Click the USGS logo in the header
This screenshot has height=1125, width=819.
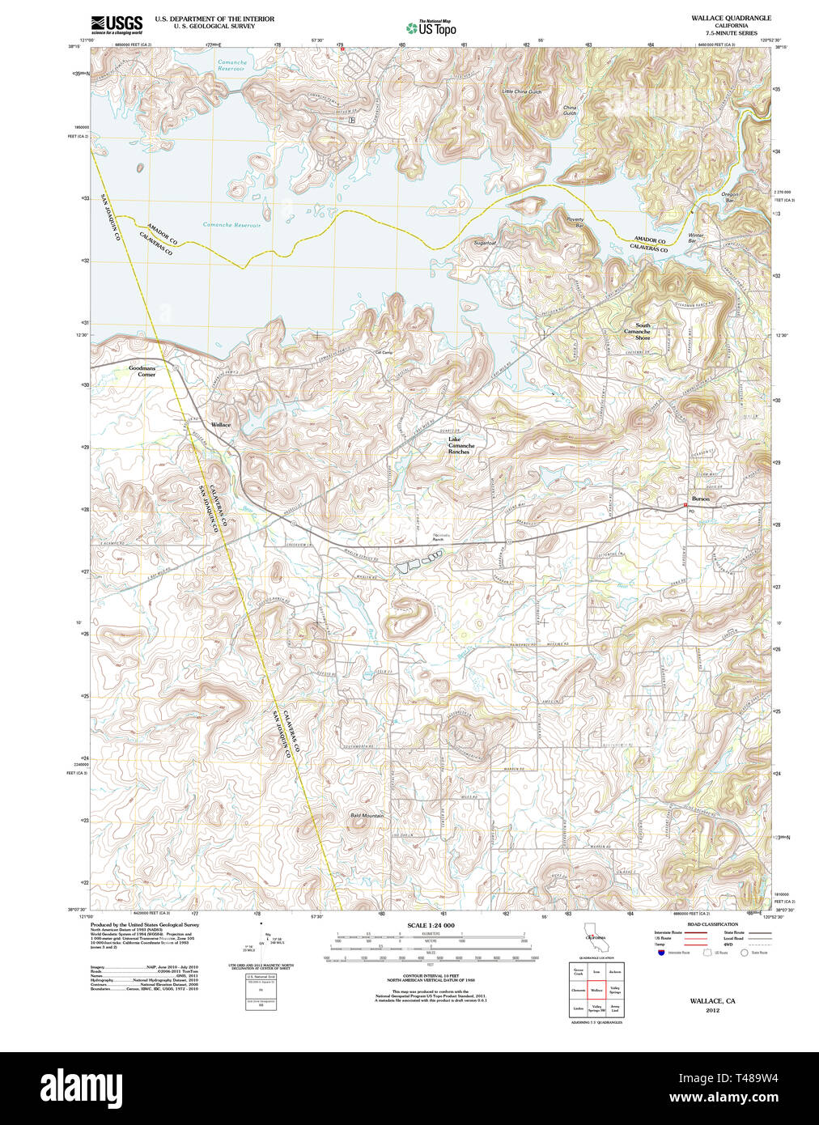(117, 24)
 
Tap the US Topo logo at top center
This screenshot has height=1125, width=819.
(431, 28)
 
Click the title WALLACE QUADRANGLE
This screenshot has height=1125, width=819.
(730, 18)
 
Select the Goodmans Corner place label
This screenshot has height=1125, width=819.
(142, 371)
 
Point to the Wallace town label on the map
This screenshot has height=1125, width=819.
(221, 425)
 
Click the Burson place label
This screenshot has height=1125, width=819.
(700, 499)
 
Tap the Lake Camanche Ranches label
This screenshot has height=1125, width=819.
(461, 445)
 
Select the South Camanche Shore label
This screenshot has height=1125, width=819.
(642, 331)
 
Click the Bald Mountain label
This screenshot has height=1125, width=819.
(367, 816)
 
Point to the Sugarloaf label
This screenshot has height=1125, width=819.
(485, 243)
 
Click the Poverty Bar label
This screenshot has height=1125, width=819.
(575, 222)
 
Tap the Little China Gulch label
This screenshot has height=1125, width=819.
(521, 91)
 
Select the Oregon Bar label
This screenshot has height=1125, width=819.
(730, 197)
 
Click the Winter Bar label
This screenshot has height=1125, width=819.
(695, 238)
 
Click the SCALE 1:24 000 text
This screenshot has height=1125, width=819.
(431, 925)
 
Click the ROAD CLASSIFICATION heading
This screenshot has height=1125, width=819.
(712, 924)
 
